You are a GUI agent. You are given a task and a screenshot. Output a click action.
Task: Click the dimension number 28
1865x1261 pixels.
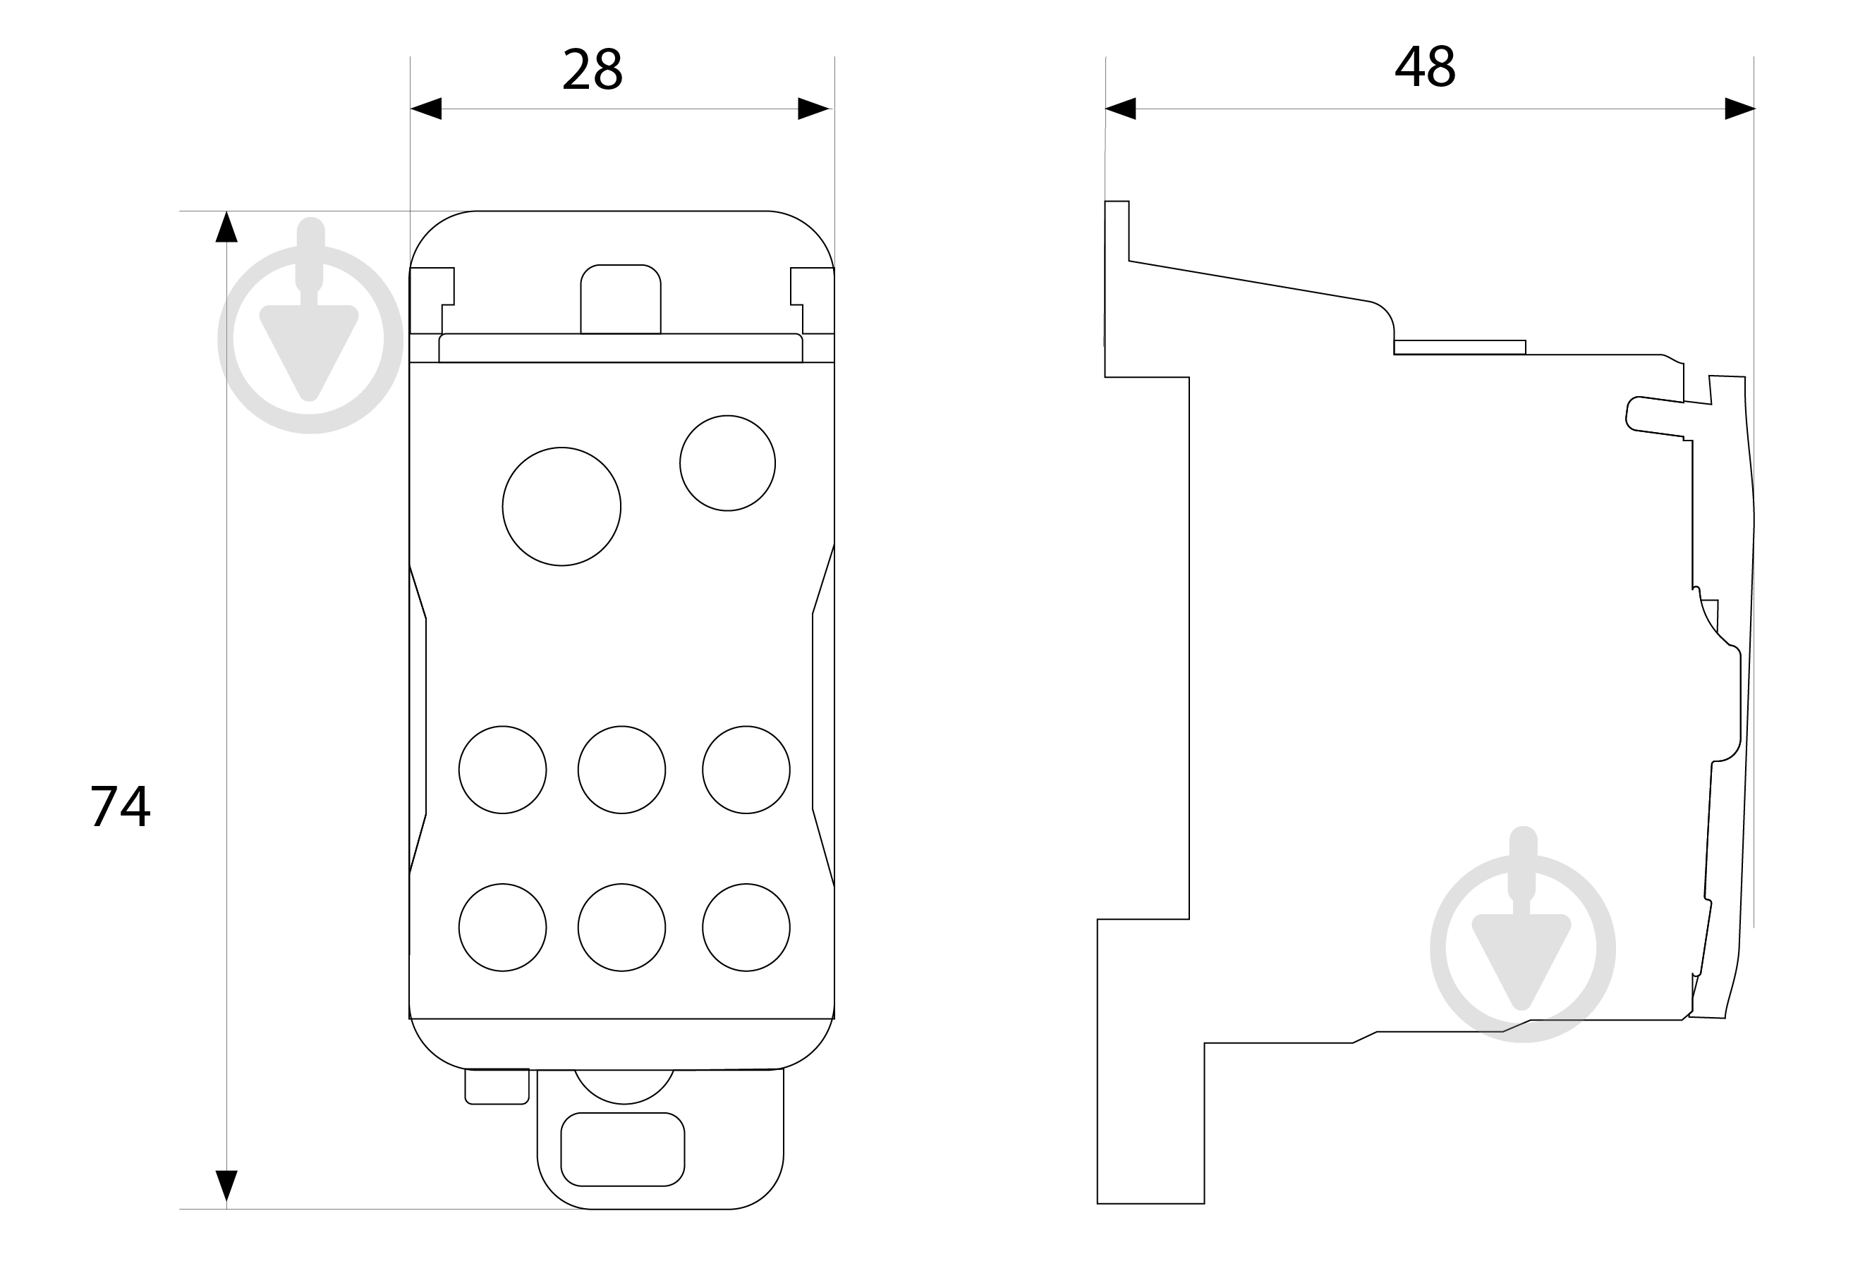click(593, 69)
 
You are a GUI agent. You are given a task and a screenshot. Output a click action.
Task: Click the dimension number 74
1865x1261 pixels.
click(120, 806)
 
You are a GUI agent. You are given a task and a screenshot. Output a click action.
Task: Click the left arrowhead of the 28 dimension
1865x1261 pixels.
click(426, 109)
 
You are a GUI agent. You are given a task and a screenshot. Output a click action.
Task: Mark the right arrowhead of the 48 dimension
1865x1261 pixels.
click(1740, 109)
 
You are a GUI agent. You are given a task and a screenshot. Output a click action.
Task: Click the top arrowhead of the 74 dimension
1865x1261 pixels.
click(226, 226)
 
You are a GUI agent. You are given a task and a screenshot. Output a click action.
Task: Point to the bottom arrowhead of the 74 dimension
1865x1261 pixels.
click(226, 1186)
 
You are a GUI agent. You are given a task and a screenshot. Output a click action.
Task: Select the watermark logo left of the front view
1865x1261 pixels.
click(310, 325)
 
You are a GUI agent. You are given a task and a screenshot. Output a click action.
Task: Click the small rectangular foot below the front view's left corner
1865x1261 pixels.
click(497, 1086)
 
